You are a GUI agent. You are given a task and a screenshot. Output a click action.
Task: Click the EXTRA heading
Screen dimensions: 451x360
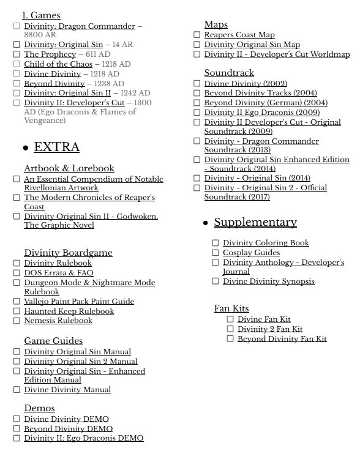pyautogui.click(x=56, y=147)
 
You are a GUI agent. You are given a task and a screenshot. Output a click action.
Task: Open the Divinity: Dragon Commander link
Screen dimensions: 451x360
pyautogui.click(x=79, y=26)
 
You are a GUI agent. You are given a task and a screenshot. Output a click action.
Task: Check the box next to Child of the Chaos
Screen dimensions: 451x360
pyautogui.click(x=16, y=64)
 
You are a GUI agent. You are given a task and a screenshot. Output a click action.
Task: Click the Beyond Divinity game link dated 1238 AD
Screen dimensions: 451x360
pyautogui.click(x=54, y=83)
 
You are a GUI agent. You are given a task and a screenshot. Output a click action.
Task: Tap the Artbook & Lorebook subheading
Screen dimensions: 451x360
pyautogui.click(x=69, y=168)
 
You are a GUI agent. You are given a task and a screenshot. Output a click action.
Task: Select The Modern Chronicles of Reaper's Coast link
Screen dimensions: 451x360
pyautogui.click(x=89, y=198)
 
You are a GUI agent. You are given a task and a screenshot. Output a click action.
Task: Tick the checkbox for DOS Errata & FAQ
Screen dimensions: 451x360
pyautogui.click(x=16, y=273)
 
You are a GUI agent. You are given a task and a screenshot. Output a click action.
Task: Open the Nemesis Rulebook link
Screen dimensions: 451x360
pyautogui.click(x=58, y=321)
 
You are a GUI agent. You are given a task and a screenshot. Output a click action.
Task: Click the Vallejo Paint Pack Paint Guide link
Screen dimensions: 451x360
pyautogui.click(x=79, y=302)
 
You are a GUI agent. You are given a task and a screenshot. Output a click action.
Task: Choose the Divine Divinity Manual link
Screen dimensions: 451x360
pyautogui.click(x=67, y=390)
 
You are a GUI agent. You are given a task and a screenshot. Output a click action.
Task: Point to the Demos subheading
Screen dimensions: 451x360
pyautogui.click(x=39, y=408)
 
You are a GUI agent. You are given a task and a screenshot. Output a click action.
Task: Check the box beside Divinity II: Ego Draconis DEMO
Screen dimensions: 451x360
pyautogui.click(x=16, y=438)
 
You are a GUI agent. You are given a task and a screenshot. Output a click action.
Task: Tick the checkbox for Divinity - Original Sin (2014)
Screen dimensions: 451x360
pyautogui.click(x=197, y=178)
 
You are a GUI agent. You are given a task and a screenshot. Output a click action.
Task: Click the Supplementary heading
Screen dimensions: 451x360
pyautogui.click(x=255, y=222)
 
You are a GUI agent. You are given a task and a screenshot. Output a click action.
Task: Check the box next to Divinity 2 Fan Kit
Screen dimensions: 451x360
pyautogui.click(x=230, y=329)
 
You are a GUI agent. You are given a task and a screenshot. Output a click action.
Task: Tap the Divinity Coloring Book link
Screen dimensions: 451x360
pyautogui.click(x=266, y=243)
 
